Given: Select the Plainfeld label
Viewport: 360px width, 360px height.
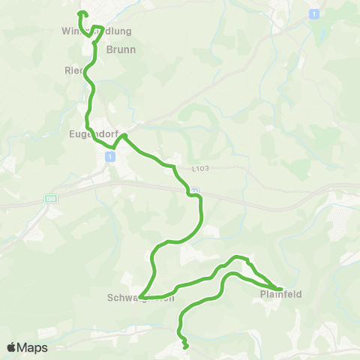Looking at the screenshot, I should point(281,295).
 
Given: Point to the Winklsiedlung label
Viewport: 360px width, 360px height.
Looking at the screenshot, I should point(96,31).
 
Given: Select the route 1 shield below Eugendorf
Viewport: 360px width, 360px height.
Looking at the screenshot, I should point(109,156).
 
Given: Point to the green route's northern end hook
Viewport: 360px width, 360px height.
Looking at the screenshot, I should point(80,13).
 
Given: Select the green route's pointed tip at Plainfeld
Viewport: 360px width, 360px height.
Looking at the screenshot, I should point(280,289).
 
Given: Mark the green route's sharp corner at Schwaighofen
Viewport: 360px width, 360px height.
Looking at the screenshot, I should point(140,297).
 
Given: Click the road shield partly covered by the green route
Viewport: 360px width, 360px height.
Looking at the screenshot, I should point(194,191).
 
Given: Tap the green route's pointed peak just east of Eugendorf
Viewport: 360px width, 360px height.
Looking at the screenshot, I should point(124,136).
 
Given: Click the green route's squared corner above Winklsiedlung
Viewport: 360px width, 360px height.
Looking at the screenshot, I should point(102,27).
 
